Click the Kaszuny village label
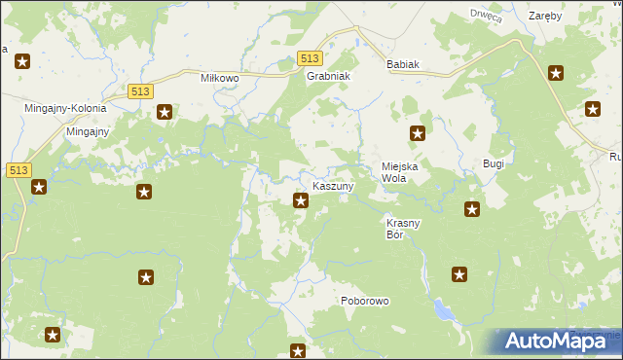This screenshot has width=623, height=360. tap(333, 185)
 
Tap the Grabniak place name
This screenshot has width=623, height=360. tap(327, 76)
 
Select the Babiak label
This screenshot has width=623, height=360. tap(402, 65)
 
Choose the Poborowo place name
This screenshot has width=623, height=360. tap(365, 301)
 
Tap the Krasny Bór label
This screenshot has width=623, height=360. tap(403, 229)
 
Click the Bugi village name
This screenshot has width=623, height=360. tap(494, 164)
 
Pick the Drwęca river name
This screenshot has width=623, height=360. tap(485, 15)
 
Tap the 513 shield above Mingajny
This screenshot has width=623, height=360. tap(138, 90)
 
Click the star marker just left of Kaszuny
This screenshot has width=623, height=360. tap(301, 201)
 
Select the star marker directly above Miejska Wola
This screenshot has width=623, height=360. tap(418, 134)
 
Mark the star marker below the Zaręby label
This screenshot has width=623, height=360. tap(556, 72)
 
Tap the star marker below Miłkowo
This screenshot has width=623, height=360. tap(165, 112)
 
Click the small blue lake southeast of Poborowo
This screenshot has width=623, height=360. tap(444, 310)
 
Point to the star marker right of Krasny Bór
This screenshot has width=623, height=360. tap(472, 208)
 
